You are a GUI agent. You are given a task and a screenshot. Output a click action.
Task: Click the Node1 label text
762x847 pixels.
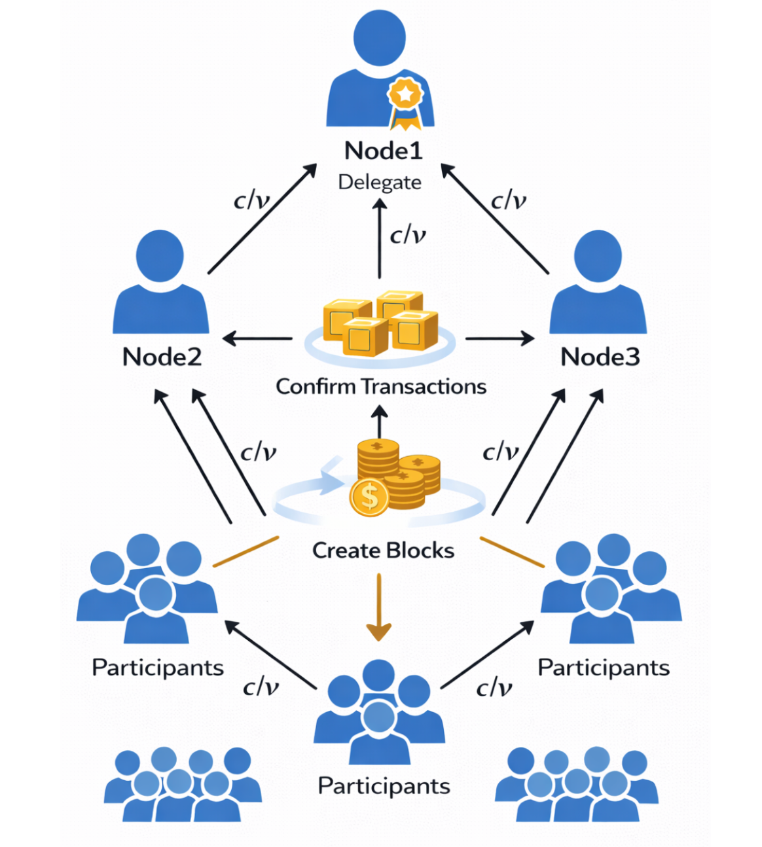click(384, 151)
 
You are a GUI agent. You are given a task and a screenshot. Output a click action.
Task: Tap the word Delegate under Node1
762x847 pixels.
click(380, 182)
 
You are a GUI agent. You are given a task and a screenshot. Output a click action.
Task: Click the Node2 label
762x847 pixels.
click(162, 357)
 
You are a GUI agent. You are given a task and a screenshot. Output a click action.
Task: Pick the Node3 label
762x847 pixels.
click(600, 357)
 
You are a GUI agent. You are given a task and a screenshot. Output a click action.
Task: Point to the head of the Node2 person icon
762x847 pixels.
click(160, 256)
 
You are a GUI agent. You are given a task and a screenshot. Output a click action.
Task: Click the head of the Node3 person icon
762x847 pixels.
click(598, 256)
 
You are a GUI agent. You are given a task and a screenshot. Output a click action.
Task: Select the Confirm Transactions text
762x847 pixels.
click(380, 387)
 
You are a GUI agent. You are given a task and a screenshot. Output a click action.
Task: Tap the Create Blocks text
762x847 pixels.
click(383, 550)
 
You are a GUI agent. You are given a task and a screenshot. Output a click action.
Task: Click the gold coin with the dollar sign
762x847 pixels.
click(370, 497)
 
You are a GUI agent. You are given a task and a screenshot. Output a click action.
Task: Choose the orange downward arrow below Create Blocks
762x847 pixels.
click(379, 609)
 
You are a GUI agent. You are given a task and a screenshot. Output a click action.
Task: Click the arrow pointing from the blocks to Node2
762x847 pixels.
click(257, 339)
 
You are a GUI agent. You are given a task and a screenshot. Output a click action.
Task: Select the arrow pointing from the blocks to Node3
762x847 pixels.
click(500, 339)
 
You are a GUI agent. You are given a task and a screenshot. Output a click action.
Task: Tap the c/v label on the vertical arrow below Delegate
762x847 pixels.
click(408, 234)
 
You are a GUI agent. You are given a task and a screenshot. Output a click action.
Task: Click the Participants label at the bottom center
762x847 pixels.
click(384, 785)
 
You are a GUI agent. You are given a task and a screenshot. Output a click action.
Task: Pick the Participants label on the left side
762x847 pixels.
click(158, 668)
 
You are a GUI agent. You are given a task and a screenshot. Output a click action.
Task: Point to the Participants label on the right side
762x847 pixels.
click(604, 668)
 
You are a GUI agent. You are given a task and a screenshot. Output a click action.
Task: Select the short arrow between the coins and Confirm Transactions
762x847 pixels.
click(379, 422)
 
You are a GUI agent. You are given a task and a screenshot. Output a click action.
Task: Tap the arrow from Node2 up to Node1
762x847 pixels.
click(262, 219)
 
